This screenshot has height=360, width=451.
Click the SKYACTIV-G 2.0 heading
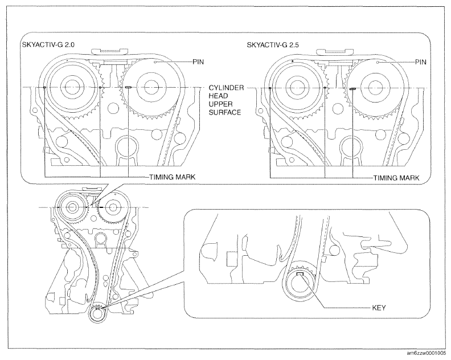(x=49, y=45)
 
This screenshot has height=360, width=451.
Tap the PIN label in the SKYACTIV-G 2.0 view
(x=198, y=62)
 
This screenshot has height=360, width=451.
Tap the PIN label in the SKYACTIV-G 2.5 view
(x=421, y=62)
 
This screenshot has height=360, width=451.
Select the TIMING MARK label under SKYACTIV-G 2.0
(x=173, y=177)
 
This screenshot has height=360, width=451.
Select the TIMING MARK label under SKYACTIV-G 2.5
(x=396, y=178)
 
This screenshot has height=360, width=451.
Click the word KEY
(x=379, y=308)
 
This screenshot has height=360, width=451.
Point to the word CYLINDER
(x=227, y=88)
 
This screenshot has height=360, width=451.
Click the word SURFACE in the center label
(x=225, y=113)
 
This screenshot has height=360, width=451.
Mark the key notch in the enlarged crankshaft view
(x=300, y=273)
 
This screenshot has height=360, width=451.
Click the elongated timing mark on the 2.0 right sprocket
(x=129, y=87)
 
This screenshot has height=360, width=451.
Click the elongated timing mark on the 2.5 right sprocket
(x=352, y=89)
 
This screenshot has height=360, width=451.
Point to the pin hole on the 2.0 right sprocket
(x=155, y=62)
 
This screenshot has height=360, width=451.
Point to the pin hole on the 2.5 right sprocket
(x=378, y=62)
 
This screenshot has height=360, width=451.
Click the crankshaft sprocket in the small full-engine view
(x=97, y=314)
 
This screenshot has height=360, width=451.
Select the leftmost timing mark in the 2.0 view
(x=44, y=87)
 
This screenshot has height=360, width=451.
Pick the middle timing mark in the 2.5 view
(x=325, y=88)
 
